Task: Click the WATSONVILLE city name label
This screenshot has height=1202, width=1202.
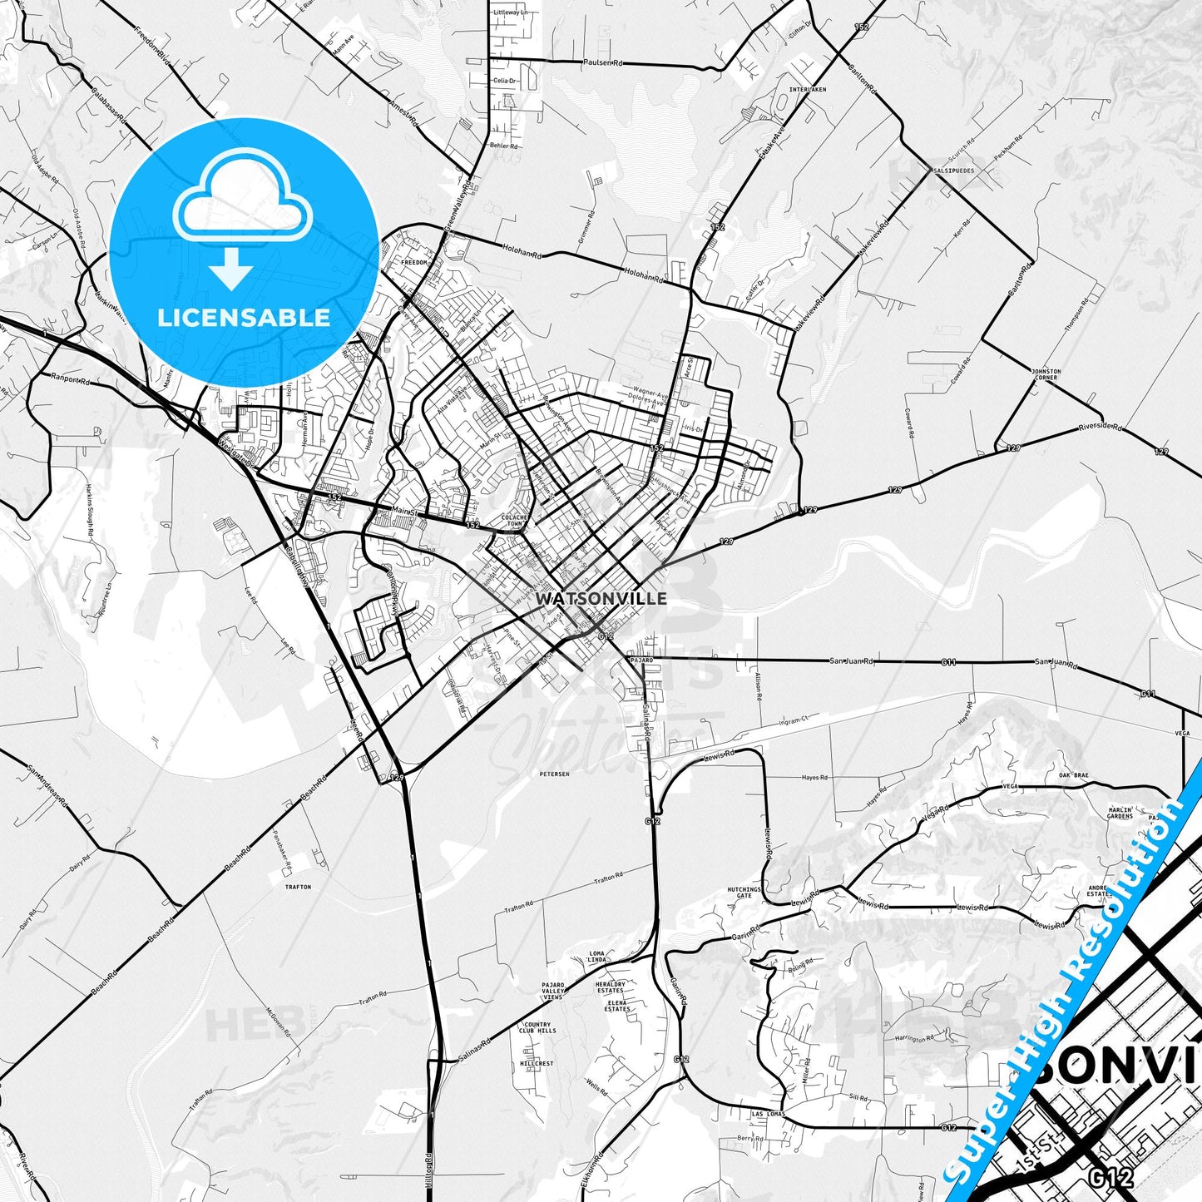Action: coord(601,598)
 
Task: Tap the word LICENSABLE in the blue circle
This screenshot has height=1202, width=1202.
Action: coord(244,318)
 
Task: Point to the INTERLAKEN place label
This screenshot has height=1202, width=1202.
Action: coord(808,89)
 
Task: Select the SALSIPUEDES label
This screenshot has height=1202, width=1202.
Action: coord(953,171)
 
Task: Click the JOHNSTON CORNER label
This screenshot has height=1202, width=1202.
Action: coord(1046,374)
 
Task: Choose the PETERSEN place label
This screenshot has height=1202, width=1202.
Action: coord(554,774)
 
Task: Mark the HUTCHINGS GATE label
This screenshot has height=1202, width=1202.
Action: coord(744,893)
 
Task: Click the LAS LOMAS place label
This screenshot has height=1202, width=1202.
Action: coord(768,1114)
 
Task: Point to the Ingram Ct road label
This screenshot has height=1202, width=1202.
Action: coord(794,720)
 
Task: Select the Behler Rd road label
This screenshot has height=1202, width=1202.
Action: coord(504,146)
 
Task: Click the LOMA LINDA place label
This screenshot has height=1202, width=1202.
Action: coord(597,957)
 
